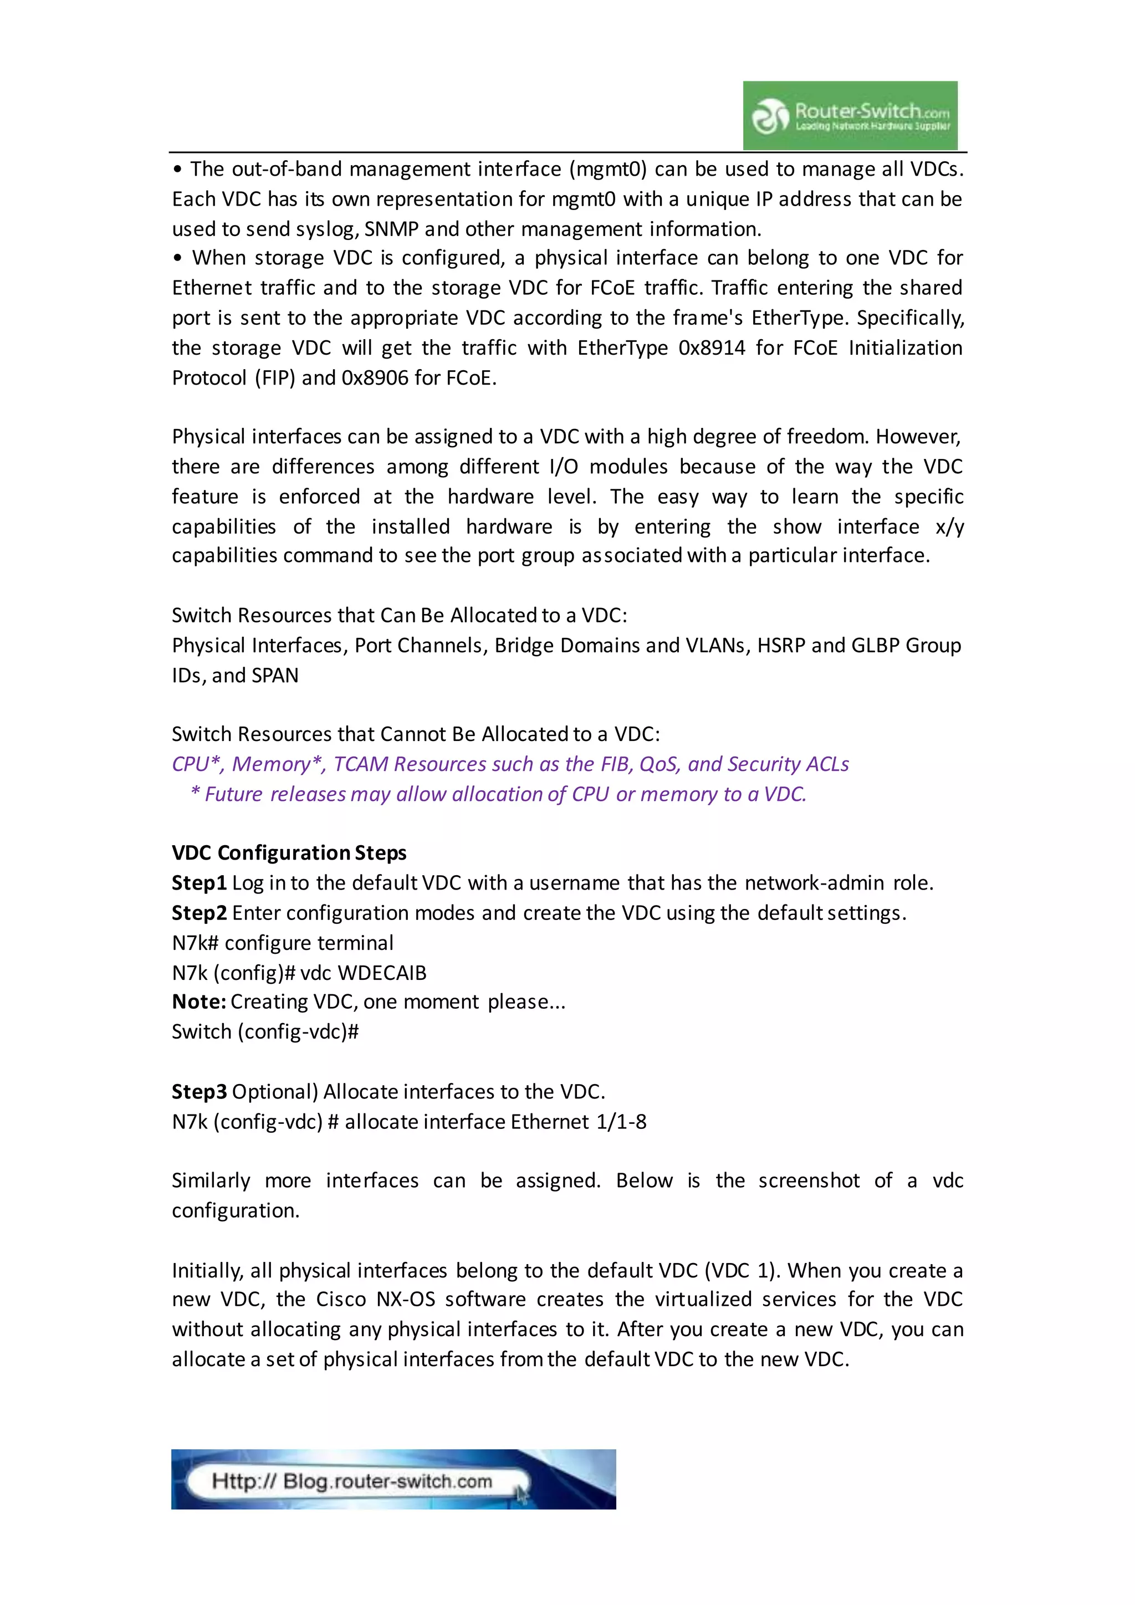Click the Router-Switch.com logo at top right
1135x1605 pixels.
(x=850, y=115)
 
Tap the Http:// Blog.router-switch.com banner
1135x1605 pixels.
(x=393, y=1479)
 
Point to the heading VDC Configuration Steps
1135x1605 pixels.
(x=289, y=853)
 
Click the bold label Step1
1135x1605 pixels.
(x=199, y=883)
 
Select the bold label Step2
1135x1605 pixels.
(x=199, y=913)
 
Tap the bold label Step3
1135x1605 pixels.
(x=199, y=1092)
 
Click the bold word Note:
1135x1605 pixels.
(x=198, y=1001)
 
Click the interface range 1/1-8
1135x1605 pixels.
(x=621, y=1122)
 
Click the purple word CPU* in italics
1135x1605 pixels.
(x=198, y=764)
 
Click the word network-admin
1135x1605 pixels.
(x=814, y=883)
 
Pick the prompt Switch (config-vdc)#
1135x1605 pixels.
(x=265, y=1032)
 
